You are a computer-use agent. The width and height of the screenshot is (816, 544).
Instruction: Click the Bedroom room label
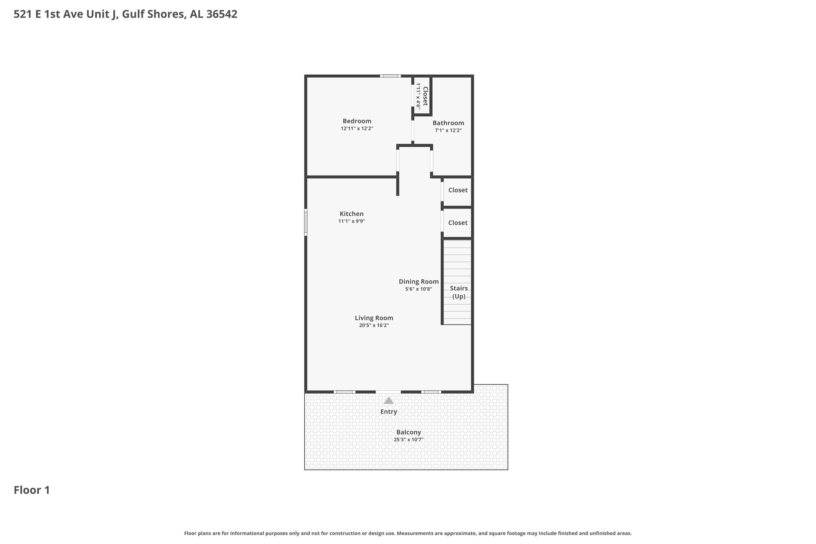pos(357,121)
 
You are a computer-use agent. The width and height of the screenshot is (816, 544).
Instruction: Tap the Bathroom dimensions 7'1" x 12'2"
pos(448,131)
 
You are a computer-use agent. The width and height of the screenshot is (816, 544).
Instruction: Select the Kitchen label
pos(351,214)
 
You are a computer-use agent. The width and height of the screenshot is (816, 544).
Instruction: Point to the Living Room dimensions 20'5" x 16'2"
pos(374,325)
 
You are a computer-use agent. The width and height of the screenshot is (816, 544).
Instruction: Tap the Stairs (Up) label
pos(459,292)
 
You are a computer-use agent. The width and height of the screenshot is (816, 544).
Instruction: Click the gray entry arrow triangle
pos(389,400)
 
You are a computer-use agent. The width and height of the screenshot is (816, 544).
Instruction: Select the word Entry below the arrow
pos(389,412)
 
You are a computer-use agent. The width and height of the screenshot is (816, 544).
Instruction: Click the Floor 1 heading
pos(32,490)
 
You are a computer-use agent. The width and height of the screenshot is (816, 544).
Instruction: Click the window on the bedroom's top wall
pos(390,76)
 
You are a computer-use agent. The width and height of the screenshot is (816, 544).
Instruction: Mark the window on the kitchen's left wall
pos(306,222)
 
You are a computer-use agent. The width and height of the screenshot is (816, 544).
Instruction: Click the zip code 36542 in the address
pos(222,14)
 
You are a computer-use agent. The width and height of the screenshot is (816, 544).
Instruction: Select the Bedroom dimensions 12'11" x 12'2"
pos(357,129)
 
